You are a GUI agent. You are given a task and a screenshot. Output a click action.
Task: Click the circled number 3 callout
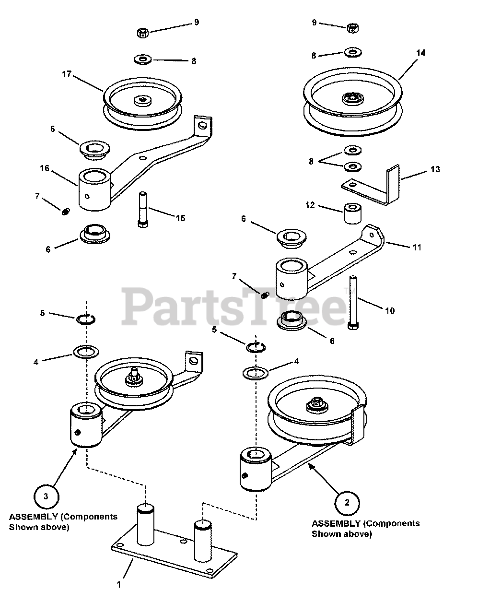tap(46, 496)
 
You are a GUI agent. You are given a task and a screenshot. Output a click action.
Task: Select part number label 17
tap(67, 74)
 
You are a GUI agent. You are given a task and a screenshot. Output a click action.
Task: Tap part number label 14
tap(420, 53)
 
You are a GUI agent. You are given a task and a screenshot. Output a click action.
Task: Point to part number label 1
tap(119, 584)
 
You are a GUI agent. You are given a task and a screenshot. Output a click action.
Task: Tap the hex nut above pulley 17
tap(142, 33)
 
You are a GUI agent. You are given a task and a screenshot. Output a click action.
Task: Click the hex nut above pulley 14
tap(352, 27)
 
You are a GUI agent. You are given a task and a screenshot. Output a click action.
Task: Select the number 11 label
tap(417, 247)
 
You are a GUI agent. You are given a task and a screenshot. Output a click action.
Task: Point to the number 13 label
tap(435, 169)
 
